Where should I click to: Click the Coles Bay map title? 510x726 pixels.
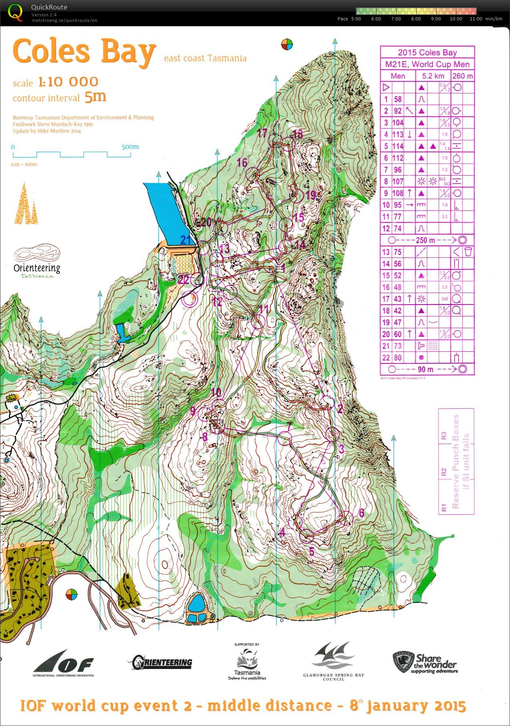pyautogui.click(x=84, y=52)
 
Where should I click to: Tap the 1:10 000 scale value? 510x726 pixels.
pyautogui.click(x=68, y=82)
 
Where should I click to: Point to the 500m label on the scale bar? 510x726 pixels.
pyautogui.click(x=130, y=147)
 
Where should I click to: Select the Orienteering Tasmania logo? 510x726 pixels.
pyautogui.click(x=37, y=261)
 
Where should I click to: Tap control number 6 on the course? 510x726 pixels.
pyautogui.click(x=361, y=513)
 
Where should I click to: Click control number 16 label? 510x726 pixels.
pyautogui.click(x=242, y=163)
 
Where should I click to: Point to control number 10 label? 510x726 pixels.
pyautogui.click(x=216, y=392)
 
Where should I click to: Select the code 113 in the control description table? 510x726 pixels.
pyautogui.click(x=398, y=135)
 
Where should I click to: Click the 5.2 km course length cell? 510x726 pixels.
pyautogui.click(x=433, y=76)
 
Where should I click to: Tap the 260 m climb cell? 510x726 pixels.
pyautogui.click(x=462, y=76)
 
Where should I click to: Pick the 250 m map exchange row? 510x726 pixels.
pyautogui.click(x=427, y=240)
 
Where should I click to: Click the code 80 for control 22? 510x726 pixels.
pyautogui.click(x=398, y=358)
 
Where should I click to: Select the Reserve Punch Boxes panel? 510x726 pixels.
pyautogui.click(x=456, y=461)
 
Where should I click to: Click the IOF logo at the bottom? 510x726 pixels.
pyautogui.click(x=64, y=665)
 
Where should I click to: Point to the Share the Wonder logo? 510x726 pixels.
pyautogui.click(x=425, y=663)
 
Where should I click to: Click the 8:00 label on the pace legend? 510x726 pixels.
pyautogui.click(x=416, y=19)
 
